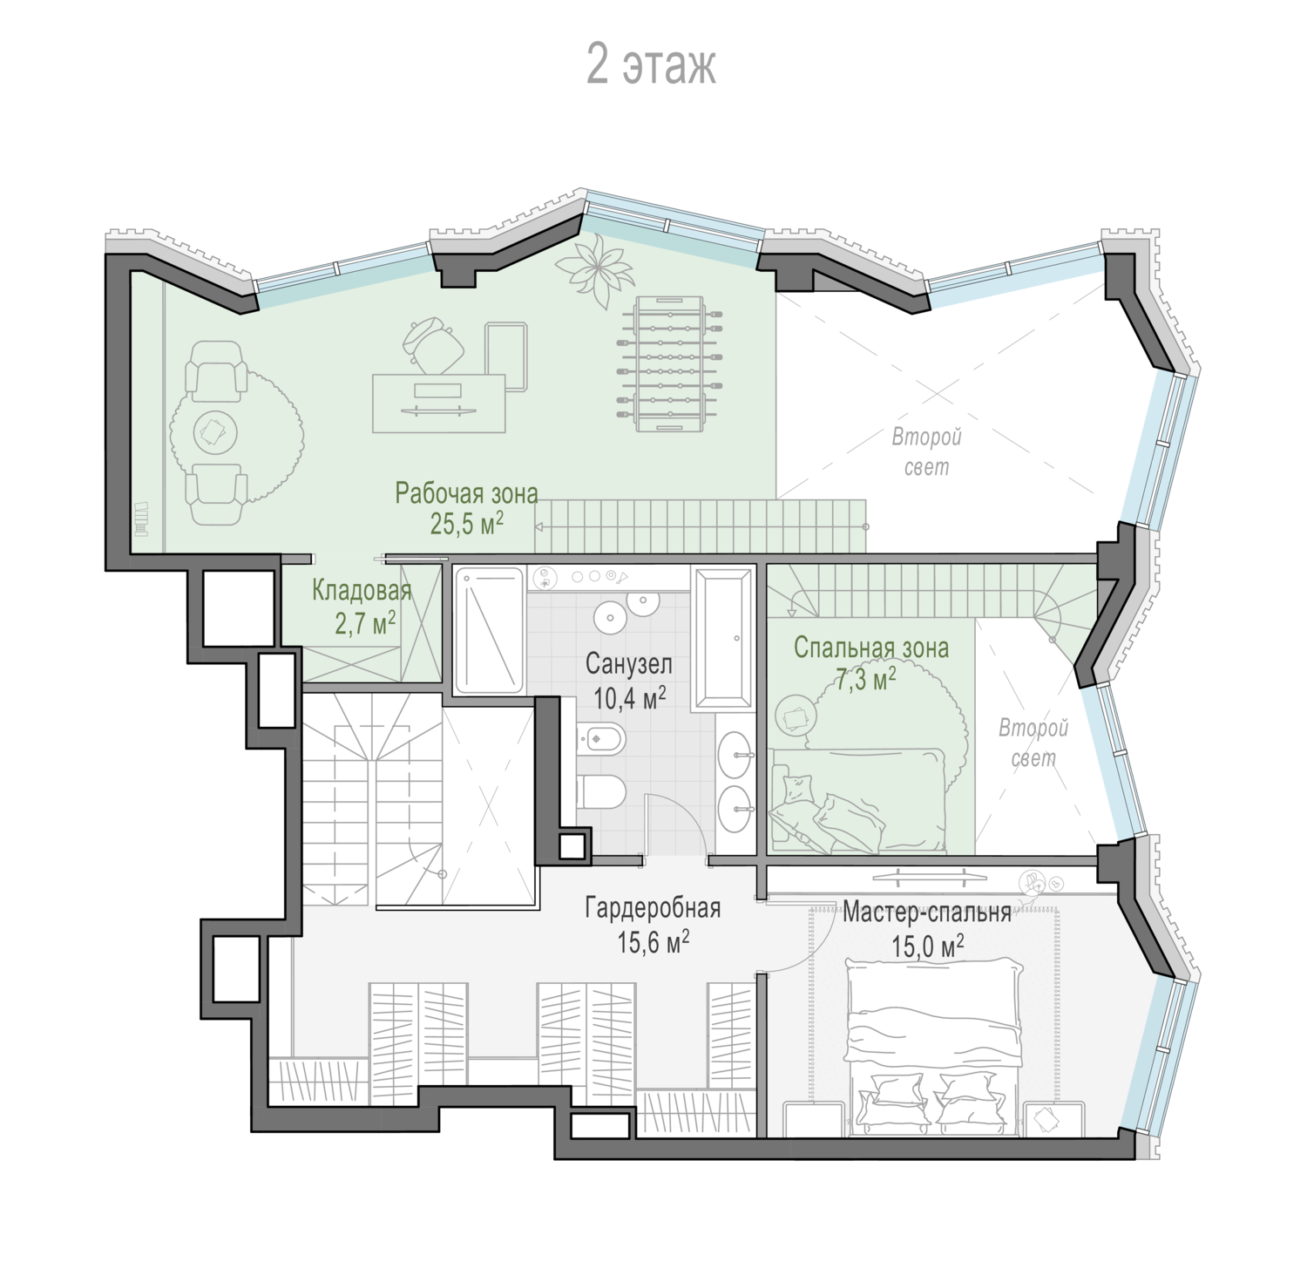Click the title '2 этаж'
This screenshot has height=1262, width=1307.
pyautogui.click(x=651, y=65)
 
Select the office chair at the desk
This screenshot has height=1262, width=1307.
pyautogui.click(x=434, y=346)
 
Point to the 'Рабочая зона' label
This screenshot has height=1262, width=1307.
pyautogui.click(x=466, y=493)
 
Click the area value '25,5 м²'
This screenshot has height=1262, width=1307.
pyautogui.click(x=466, y=523)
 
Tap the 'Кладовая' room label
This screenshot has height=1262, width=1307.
pyautogui.click(x=362, y=591)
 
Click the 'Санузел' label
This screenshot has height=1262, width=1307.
pyautogui.click(x=629, y=665)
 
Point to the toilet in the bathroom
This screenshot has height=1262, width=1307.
pyautogui.click(x=601, y=791)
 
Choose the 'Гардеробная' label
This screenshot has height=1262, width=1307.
pyautogui.click(x=653, y=908)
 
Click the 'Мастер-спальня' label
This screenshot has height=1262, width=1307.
pyautogui.click(x=926, y=913)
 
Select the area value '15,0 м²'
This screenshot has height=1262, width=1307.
pyautogui.click(x=928, y=946)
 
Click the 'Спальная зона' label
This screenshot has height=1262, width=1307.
pyautogui.click(x=871, y=648)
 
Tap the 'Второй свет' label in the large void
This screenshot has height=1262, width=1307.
pyautogui.click(x=926, y=451)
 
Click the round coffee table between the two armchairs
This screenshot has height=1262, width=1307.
pyautogui.click(x=213, y=431)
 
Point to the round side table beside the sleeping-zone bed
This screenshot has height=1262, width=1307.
pyautogui.click(x=796, y=716)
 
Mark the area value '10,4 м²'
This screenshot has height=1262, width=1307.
pyautogui.click(x=630, y=697)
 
